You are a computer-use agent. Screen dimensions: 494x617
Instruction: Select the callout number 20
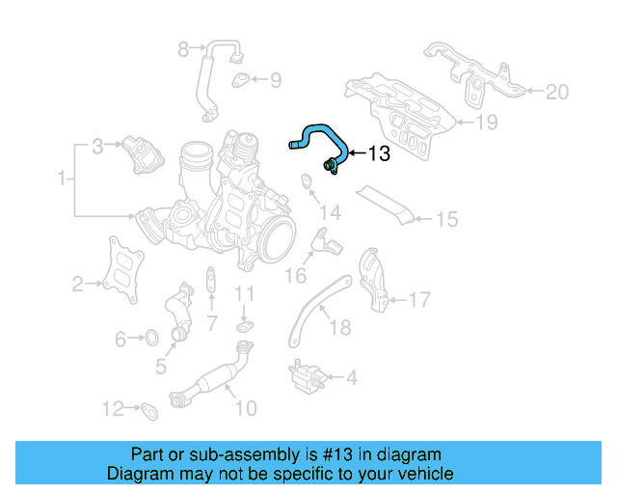tap(556, 93)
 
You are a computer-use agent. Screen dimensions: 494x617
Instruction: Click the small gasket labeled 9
tap(241, 80)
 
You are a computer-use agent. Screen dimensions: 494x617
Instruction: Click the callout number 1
tap(63, 179)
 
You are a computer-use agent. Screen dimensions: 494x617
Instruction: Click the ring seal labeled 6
tap(150, 338)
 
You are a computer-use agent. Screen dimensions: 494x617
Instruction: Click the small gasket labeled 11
tap(245, 328)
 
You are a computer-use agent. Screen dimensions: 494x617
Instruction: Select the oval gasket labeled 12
tap(149, 412)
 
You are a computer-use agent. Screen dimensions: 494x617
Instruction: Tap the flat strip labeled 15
tap(386, 206)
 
